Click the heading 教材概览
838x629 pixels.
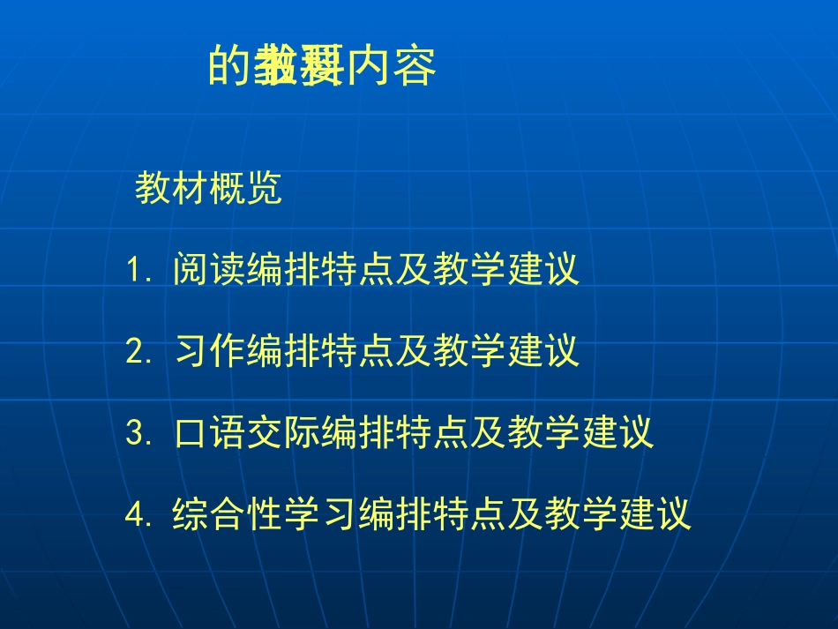208,189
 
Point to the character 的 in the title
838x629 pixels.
228,67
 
